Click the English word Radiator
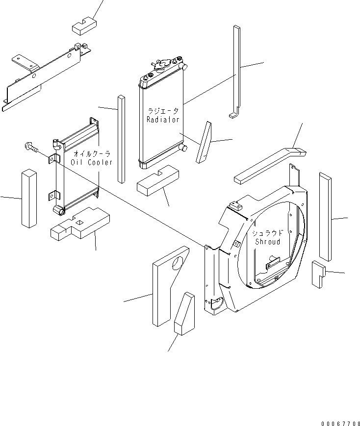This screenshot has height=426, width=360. click(163, 120)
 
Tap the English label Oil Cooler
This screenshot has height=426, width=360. click(92, 162)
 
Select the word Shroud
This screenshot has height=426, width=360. click(267, 242)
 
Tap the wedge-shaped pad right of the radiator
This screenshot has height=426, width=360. click(203, 143)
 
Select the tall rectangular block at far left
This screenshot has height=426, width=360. click(29, 198)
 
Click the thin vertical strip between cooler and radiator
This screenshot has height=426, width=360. click(121, 139)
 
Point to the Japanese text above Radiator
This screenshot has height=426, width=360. click(163, 111)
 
